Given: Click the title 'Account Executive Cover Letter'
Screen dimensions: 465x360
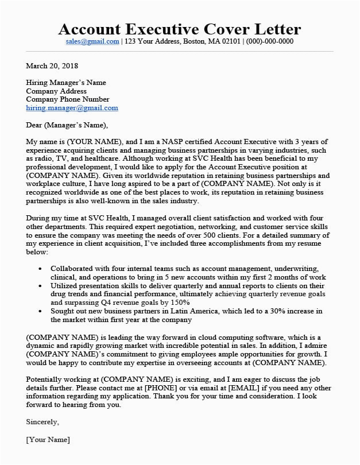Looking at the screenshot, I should pyautogui.click(x=180, y=29).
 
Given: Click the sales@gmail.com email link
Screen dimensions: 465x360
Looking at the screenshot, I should pyautogui.click(x=92, y=42).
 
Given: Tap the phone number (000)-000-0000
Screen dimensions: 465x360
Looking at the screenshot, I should pyautogui.click(x=269, y=42).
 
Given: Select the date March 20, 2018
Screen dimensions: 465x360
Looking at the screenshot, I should pyautogui.click(x=51, y=66).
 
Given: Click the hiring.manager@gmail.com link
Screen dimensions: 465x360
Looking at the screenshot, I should pyautogui.click(x=72, y=107).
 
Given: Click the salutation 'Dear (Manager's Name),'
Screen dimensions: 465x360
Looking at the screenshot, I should pyautogui.click(x=67, y=124).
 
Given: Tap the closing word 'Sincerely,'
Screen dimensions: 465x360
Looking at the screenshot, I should pyautogui.click(x=42, y=421).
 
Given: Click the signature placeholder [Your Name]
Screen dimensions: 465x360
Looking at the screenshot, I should pyautogui.click(x=48, y=440).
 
